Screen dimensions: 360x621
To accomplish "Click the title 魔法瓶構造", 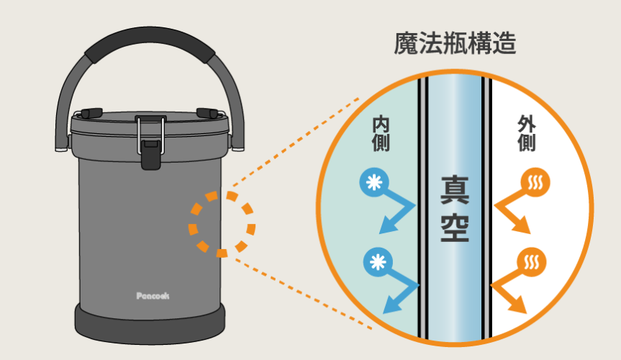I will tap(455, 45).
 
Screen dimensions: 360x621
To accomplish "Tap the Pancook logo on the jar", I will tap(153, 295).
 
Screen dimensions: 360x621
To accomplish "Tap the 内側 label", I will tap(381, 134).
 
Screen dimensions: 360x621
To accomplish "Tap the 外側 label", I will tap(527, 134).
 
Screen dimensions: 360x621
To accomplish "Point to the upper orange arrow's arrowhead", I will tap(524, 228).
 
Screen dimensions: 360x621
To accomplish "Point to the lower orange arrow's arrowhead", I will tap(522, 307).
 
